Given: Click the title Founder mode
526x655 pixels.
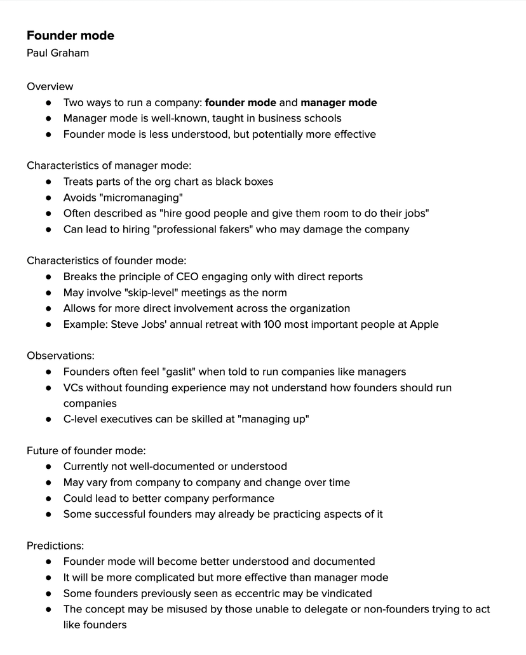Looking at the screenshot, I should pos(71,36).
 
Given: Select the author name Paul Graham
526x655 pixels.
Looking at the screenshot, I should pos(58,53).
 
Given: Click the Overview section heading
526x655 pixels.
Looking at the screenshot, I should pos(50,86).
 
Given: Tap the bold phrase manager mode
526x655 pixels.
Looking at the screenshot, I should pos(339,102).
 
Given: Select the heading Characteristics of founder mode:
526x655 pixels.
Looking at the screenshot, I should pos(107,260).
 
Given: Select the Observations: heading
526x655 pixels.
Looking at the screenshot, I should pos(60,356).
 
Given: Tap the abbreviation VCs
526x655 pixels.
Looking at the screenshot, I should pos(74,388).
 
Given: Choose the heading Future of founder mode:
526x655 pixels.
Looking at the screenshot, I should pos(86,450).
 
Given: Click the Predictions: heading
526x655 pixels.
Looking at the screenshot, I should pos(55,545).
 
